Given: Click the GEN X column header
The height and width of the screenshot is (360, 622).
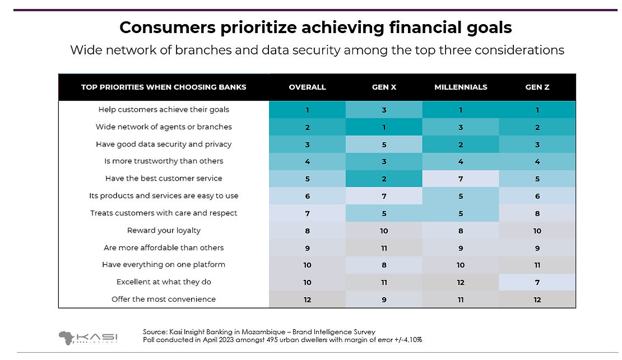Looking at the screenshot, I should point(384,87).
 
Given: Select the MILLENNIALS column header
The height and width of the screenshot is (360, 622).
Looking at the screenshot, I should point(461,87).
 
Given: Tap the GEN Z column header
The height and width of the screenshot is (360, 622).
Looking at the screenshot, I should point(537,87).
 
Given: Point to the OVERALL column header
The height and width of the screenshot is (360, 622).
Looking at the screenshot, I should point(307,87).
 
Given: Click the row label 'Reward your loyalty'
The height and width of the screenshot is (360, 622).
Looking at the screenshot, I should point(164,230).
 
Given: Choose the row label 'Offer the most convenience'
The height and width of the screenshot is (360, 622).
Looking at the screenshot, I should point(164,299).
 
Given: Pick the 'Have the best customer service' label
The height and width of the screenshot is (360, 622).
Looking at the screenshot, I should point(164,178).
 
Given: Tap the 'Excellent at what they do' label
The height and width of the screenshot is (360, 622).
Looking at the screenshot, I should point(164,281).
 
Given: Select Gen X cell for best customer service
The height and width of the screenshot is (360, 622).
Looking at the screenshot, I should point(384,178).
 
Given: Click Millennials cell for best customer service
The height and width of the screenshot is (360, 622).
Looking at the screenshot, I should point(461,178).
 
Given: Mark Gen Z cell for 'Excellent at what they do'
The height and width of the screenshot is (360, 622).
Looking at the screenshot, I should point(537,281).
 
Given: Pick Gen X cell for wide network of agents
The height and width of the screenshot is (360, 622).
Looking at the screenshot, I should point(384,127).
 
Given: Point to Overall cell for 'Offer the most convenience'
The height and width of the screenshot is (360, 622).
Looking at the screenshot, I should point(307,299).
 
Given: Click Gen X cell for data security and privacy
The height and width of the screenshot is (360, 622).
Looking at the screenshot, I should point(384,144).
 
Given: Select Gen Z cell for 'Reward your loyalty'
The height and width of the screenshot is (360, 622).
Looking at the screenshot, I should point(537,230).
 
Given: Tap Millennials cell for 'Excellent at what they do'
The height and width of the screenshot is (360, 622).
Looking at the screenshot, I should point(461,281).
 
